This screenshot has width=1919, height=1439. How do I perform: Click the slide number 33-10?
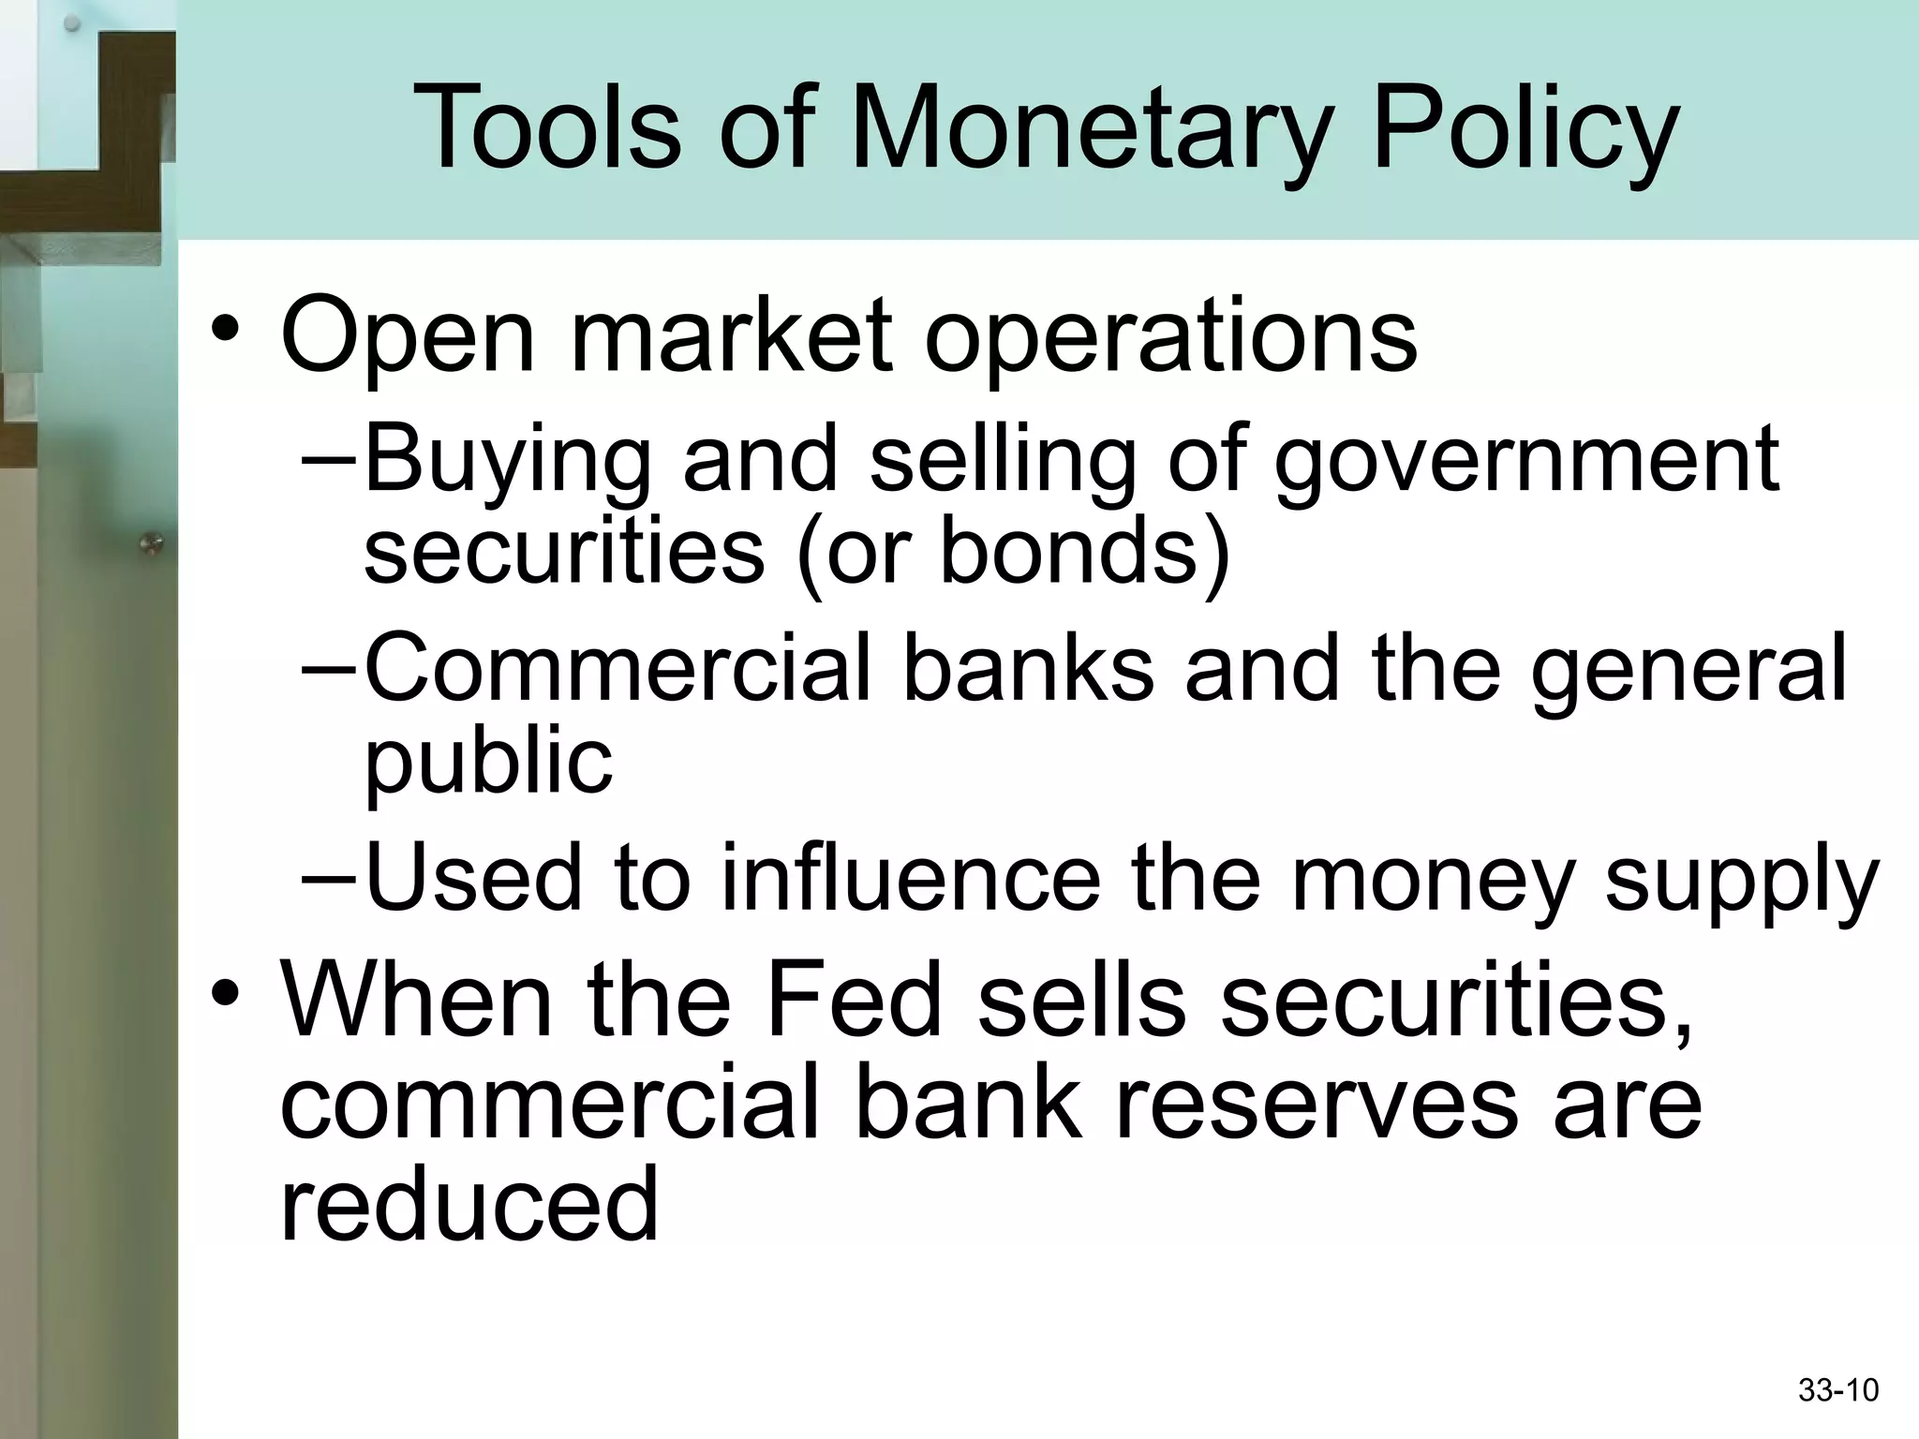coord(1838,1390)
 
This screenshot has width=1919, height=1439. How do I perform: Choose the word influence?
coord(909,879)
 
